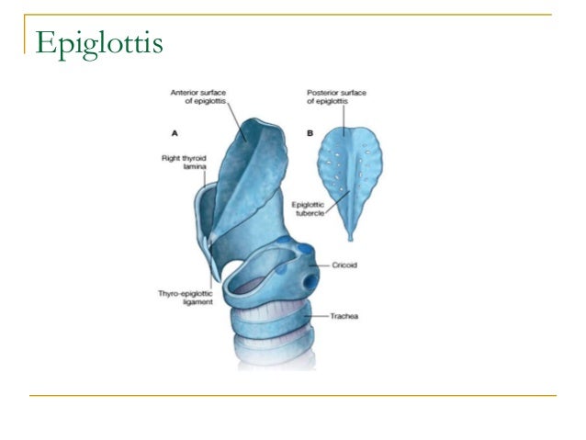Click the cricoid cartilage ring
pos(276,276)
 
